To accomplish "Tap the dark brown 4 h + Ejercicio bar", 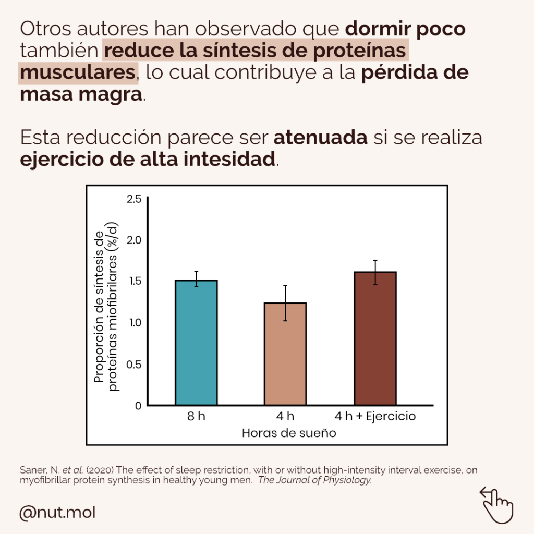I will tap(375, 338).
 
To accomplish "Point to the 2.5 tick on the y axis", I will tap(134, 199).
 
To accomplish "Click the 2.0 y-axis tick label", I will tap(134, 240).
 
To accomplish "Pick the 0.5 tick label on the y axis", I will tap(134, 364).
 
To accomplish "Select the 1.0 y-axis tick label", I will tap(134, 323).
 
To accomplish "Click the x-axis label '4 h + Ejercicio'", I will tap(375, 417).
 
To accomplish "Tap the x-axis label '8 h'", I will tap(196, 417).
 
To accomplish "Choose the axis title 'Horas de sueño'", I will tap(288, 433).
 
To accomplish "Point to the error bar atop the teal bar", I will tap(196, 278).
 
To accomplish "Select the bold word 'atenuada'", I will tap(320, 139).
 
